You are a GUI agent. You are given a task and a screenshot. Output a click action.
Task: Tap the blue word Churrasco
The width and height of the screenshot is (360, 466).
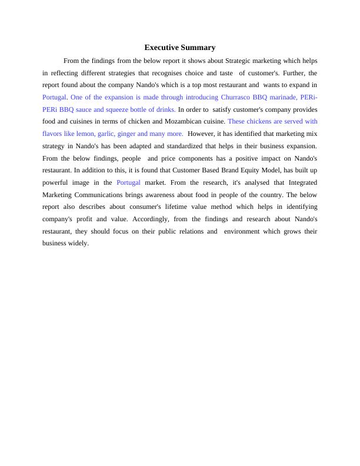tap(235, 97)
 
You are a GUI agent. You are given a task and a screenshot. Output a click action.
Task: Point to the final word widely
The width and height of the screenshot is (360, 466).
tap(78, 244)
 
